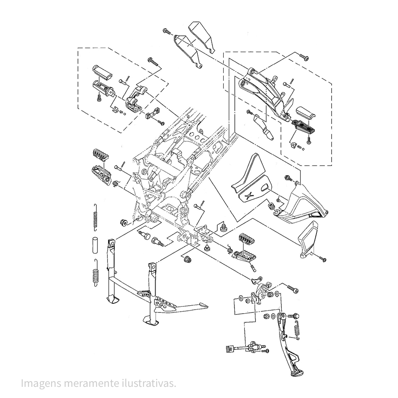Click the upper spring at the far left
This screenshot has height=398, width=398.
(x=95, y=217)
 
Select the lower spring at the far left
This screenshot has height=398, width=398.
(x=96, y=273)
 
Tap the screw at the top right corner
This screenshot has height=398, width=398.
(x=304, y=57)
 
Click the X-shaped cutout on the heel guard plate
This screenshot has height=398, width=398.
(x=250, y=195)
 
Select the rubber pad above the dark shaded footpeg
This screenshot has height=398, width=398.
(x=306, y=112)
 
